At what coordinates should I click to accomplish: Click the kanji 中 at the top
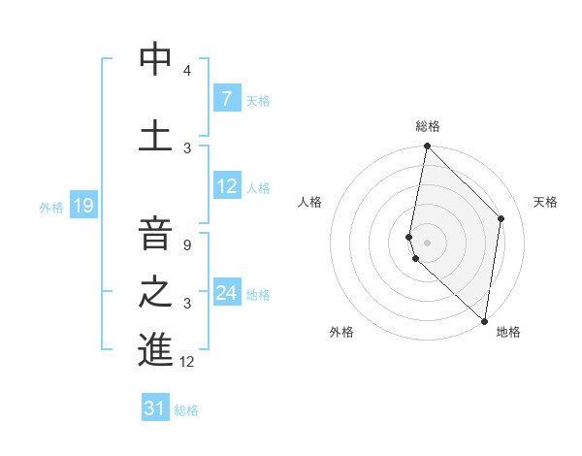point(155,59)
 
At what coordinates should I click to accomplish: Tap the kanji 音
point(155,234)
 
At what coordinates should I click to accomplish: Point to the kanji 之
point(155,292)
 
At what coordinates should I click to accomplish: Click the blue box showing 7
point(226,99)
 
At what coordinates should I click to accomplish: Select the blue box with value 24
point(226,293)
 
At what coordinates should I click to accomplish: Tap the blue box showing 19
point(82,206)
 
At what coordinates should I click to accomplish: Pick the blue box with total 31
point(155,408)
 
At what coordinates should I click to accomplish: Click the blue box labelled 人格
point(226,186)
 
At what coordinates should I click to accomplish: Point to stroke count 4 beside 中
point(186,71)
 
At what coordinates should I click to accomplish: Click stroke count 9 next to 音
point(186,245)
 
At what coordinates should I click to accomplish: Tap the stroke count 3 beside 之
point(186,304)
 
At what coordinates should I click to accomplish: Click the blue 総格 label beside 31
point(186,410)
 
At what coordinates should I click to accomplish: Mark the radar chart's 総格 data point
point(427,146)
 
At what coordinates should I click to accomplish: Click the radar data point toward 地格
point(484,320)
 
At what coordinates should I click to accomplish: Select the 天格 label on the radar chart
point(545,202)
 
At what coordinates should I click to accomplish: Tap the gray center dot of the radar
point(427,242)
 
